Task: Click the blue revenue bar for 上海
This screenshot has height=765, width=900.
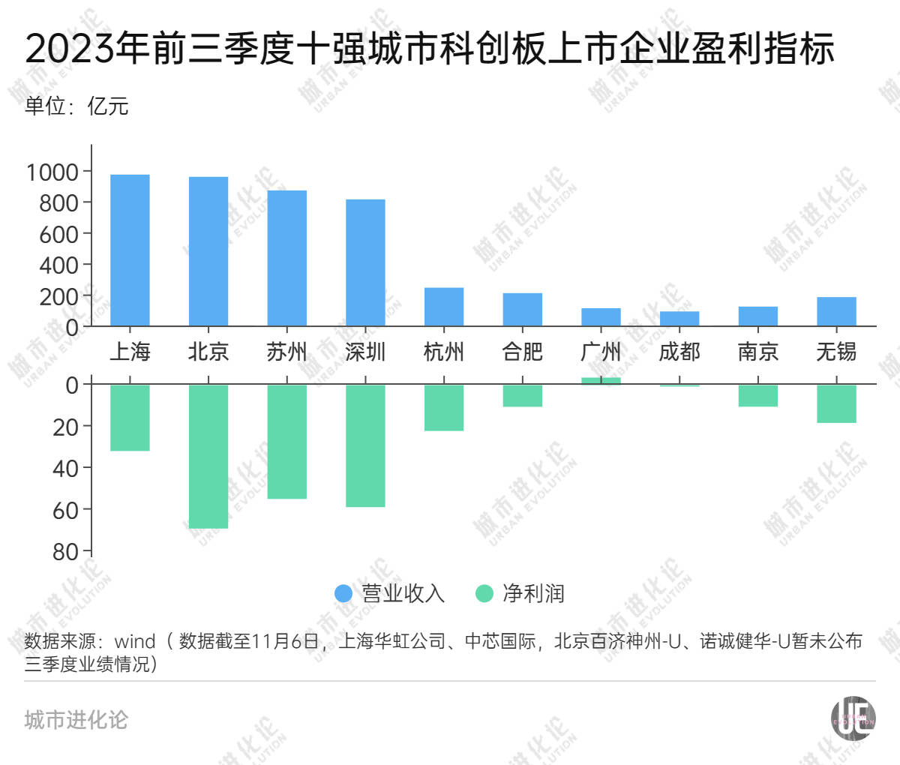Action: (x=130, y=250)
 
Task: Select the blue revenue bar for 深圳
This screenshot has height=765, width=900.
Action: (x=365, y=262)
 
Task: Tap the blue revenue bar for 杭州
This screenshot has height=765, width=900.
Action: (x=444, y=307)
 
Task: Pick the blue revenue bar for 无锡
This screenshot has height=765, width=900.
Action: (x=836, y=311)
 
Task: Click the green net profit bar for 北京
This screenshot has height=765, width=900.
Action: (x=208, y=456)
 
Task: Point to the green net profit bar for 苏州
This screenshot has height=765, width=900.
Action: (x=287, y=442)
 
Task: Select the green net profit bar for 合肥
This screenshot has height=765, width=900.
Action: (x=522, y=396)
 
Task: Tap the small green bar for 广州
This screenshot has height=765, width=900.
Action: (x=601, y=381)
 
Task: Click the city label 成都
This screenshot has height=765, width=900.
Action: (x=679, y=351)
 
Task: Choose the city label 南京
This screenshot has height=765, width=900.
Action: (x=757, y=351)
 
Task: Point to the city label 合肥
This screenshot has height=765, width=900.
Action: (x=522, y=351)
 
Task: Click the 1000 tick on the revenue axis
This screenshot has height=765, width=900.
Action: (x=52, y=172)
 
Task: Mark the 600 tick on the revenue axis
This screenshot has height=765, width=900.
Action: (x=59, y=234)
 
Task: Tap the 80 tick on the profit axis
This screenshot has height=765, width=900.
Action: (x=66, y=551)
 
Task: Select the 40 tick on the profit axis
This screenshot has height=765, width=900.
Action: (x=66, y=468)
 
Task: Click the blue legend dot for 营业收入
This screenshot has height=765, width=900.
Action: (x=343, y=593)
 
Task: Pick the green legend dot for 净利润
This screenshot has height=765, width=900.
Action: (x=484, y=593)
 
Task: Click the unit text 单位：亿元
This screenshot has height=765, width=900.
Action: (x=76, y=106)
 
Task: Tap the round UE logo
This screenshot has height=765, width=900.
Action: (x=853, y=718)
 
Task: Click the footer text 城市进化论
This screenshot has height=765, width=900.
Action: (x=76, y=720)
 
